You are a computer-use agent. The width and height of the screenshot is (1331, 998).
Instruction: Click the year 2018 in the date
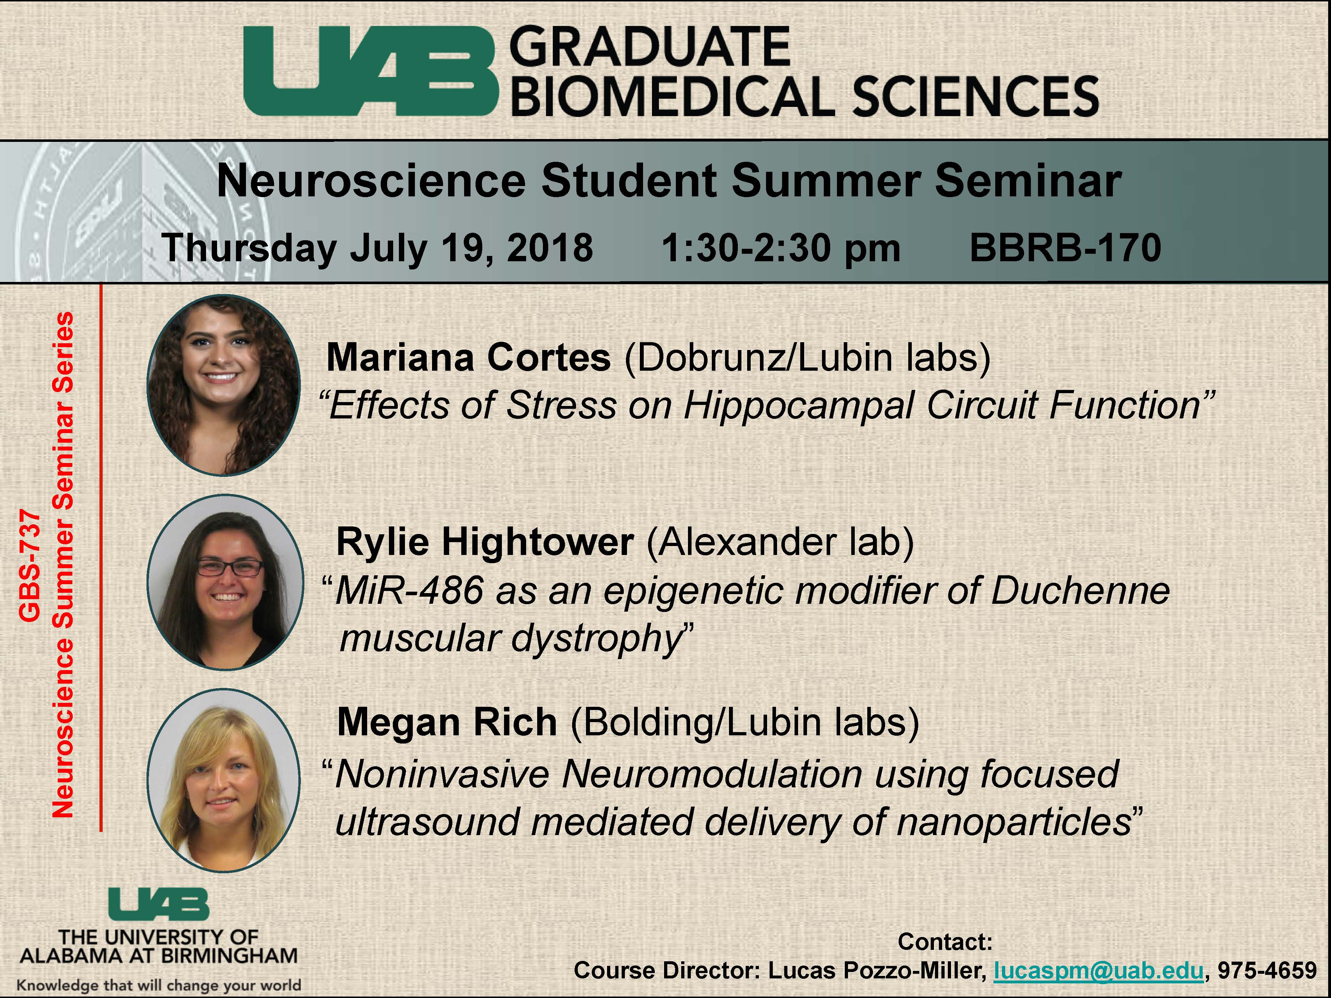pyautogui.click(x=550, y=247)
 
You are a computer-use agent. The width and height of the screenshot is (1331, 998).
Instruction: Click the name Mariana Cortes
pyautogui.click(x=468, y=357)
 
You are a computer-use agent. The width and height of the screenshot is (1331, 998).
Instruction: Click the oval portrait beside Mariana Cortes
pyautogui.click(x=224, y=385)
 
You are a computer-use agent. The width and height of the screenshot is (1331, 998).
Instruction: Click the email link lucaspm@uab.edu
pyautogui.click(x=1099, y=970)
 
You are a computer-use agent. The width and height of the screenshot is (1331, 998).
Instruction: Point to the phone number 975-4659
pyautogui.click(x=1267, y=970)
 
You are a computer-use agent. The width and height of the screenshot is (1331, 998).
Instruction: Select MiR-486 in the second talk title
pyautogui.click(x=409, y=590)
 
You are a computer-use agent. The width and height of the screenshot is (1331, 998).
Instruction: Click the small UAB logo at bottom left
pyautogui.click(x=159, y=905)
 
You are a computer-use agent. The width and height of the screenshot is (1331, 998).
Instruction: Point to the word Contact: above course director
pyautogui.click(x=945, y=941)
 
